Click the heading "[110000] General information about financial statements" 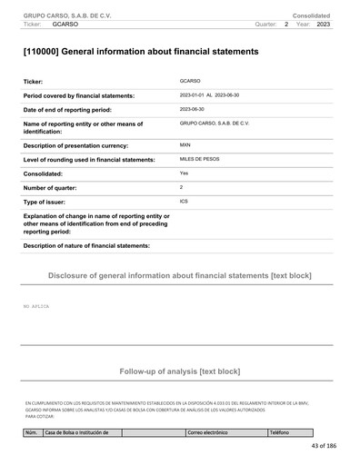coord(140,52)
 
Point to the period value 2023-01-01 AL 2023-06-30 coord(215,95)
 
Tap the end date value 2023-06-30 coord(193,109)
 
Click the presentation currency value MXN coord(185,144)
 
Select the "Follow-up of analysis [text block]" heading coord(179,371)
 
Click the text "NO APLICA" coord(36,307)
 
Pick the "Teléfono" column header coord(279,431)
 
